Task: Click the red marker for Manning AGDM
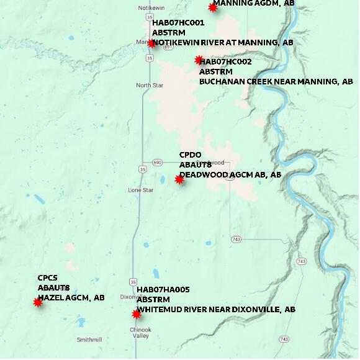pyautogui.click(x=213, y=7)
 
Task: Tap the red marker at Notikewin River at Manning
pyautogui.click(x=151, y=43)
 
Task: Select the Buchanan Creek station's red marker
pyautogui.click(x=199, y=60)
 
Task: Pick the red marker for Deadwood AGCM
pyautogui.click(x=179, y=179)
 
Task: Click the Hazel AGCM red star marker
pyautogui.click(x=38, y=302)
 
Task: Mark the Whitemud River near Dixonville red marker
pyautogui.click(x=137, y=314)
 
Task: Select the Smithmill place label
pyautogui.click(x=89, y=340)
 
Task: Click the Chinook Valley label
pyautogui.click(x=141, y=332)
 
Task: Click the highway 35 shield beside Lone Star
pyautogui.click(x=143, y=169)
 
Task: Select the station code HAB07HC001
pyautogui.click(x=178, y=23)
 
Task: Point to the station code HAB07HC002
pyautogui.click(x=226, y=62)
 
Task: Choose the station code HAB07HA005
pyautogui.click(x=163, y=290)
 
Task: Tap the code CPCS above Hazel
pyautogui.click(x=48, y=278)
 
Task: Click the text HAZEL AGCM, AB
pyautogui.click(x=71, y=298)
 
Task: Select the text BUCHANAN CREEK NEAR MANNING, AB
pyautogui.click(x=276, y=82)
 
